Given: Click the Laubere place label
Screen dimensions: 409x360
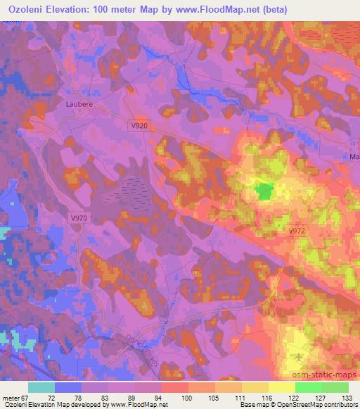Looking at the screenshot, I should tap(80, 103).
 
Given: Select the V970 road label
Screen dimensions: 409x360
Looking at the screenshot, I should tap(79, 218).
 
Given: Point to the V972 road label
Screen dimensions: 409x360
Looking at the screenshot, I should tap(297, 230).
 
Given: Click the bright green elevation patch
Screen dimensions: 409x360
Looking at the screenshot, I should tap(264, 190).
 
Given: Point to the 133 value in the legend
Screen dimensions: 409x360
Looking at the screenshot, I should tap(347, 397).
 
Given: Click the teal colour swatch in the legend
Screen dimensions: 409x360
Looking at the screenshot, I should tap(41, 387).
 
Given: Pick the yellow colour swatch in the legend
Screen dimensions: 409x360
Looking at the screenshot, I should tap(281, 387).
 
